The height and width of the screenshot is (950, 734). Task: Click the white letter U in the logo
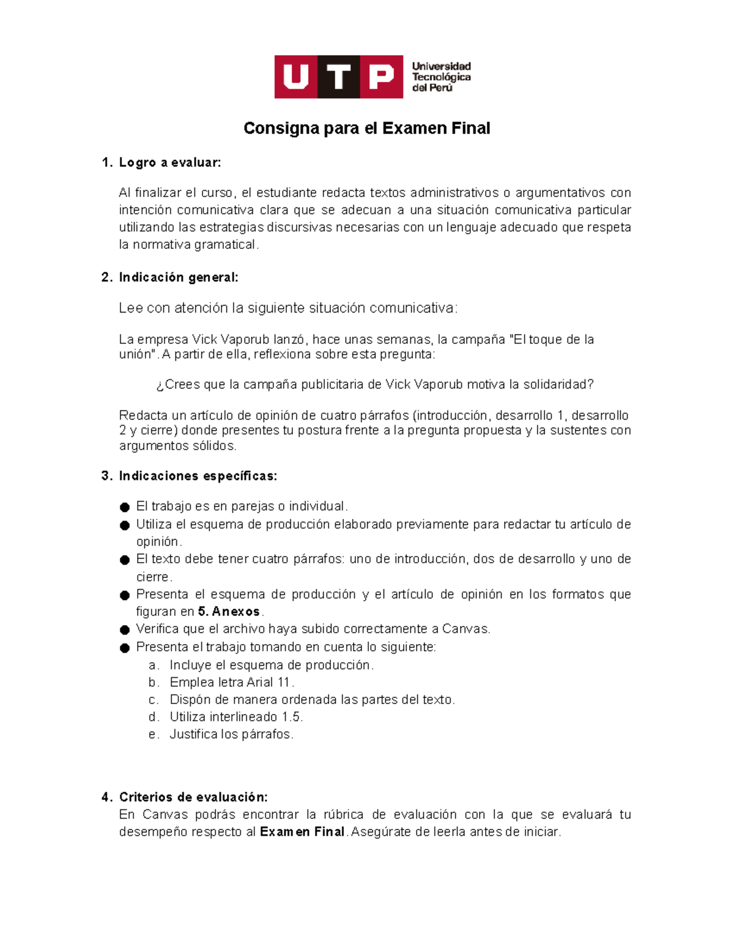tap(296, 77)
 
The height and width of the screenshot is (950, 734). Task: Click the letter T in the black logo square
tap(338, 77)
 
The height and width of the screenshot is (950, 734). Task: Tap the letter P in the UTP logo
tap(381, 77)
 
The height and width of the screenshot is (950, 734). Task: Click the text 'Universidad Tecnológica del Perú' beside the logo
tap(441, 77)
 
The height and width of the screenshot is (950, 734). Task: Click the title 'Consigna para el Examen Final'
tap(366, 128)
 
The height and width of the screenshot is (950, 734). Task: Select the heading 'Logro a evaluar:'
tap(169, 163)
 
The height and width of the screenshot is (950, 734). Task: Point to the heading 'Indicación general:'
tap(178, 278)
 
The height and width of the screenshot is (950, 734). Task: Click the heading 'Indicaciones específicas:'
tap(198, 476)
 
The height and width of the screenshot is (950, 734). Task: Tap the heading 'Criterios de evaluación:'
tap(193, 797)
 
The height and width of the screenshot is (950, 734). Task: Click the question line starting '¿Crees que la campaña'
tap(374, 385)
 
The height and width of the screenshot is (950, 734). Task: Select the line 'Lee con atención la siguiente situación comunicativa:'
tap(287, 308)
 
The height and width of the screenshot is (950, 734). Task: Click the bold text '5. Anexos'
tap(229, 612)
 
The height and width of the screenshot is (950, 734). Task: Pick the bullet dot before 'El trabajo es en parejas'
tap(125, 507)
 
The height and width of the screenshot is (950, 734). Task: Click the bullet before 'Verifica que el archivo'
tap(125, 629)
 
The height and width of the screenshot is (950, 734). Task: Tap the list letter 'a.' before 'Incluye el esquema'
tap(154, 666)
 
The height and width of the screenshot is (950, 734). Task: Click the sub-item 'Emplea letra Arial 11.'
tap(232, 683)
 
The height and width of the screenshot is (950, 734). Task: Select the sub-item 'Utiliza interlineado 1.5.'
tap(236, 717)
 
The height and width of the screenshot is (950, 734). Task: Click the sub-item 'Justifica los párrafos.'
tap(231, 734)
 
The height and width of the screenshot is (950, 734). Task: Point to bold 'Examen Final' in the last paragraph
tap(302, 832)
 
